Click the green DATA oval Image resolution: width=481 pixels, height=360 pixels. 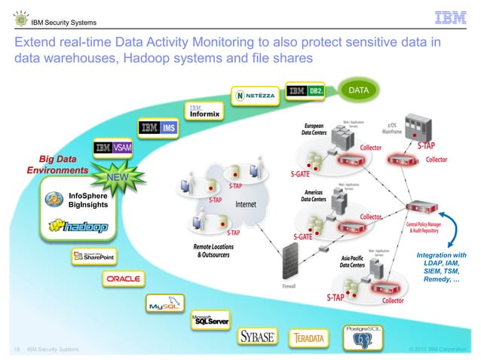(x=359, y=90)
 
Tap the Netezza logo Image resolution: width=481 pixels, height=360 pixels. (x=256, y=96)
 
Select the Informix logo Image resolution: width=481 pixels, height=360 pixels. (x=204, y=112)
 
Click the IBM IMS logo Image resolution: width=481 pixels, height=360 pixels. (x=158, y=128)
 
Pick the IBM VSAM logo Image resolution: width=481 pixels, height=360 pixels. (x=113, y=148)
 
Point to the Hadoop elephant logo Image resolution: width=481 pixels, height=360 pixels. (x=77, y=225)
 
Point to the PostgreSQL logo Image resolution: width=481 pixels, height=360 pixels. (x=364, y=336)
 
